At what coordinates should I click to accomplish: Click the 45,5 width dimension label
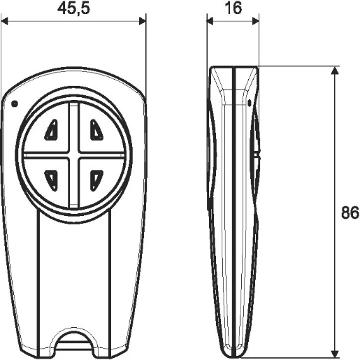(x=73, y=9)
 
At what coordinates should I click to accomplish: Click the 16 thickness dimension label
(x=233, y=8)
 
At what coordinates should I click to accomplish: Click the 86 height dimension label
(x=350, y=213)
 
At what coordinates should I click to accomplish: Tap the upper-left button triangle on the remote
(x=51, y=130)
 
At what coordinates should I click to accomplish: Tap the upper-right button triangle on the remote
(x=96, y=130)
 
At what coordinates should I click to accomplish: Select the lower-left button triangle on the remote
(x=51, y=180)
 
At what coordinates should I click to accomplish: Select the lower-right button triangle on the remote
(x=96, y=180)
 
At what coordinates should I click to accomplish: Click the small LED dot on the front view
(x=15, y=103)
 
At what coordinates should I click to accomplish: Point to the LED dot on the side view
(x=250, y=103)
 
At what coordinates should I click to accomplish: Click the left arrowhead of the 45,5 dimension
(x=4, y=21)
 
